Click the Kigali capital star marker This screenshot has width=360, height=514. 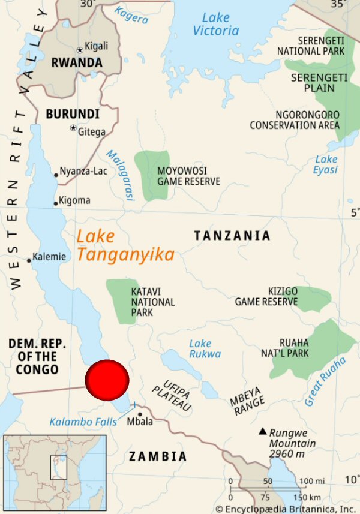point(80,50)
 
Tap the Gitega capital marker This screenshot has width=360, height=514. point(73,128)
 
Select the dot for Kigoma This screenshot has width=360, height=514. point(56,203)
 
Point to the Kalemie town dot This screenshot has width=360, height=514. point(29,260)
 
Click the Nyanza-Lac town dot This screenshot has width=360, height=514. point(56,175)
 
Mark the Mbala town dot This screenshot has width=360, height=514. point(140,414)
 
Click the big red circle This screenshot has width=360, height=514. point(107,380)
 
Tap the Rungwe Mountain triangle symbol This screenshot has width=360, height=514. point(262,431)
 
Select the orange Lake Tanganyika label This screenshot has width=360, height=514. point(125,246)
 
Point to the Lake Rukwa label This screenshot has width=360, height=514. point(204,349)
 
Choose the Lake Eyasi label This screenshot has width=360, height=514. point(326,164)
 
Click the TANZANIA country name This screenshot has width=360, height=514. point(232,236)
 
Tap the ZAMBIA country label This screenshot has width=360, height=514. point(158,456)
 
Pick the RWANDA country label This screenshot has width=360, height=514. point(77,62)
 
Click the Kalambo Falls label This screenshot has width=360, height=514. point(83,422)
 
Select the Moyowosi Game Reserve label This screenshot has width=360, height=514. point(188,176)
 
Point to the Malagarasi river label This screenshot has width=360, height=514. point(121,175)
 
